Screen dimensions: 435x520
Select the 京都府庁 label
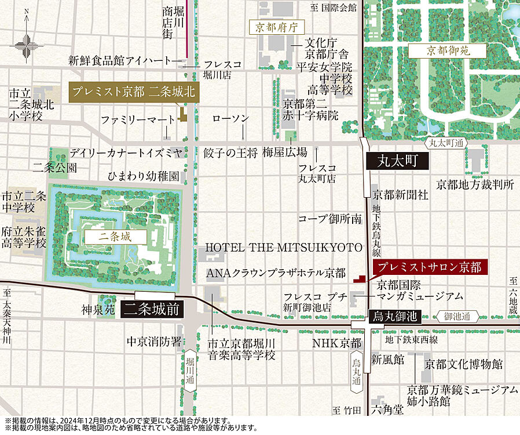click(x=276, y=27)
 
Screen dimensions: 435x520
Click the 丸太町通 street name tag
click(x=448, y=142)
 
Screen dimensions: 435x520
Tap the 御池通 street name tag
click(x=461, y=317)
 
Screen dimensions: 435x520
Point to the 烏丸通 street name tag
click(x=356, y=371)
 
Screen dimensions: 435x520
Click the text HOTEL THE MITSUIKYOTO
click(x=284, y=248)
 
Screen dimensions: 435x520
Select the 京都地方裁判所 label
click(x=475, y=184)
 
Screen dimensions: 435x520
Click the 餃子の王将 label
click(x=230, y=153)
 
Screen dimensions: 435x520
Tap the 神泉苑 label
click(x=98, y=310)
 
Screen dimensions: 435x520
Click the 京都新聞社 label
click(x=400, y=195)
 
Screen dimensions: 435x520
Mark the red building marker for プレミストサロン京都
click(x=361, y=278)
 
